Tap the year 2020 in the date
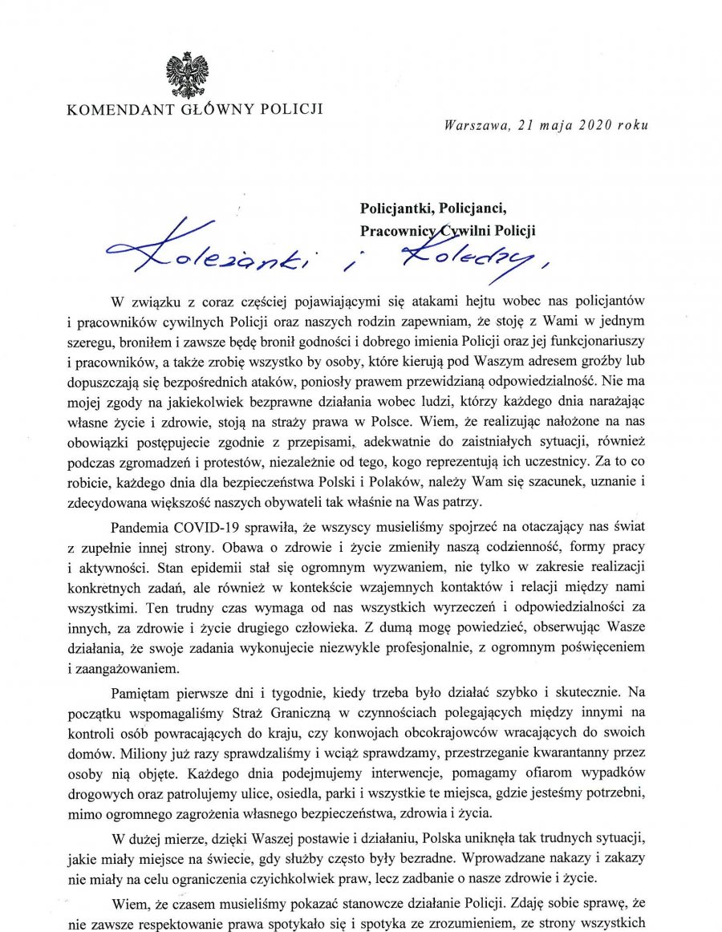[x=590, y=124]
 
